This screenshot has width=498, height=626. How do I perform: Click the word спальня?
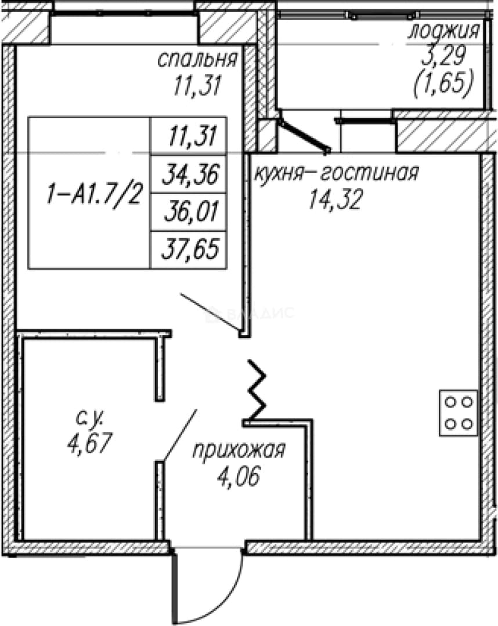(197, 60)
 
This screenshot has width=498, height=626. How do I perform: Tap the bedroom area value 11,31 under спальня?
(197, 85)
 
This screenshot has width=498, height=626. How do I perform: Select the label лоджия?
(443, 31)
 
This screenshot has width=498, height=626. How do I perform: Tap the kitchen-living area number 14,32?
(335, 199)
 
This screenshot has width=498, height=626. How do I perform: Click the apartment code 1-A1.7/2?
(94, 195)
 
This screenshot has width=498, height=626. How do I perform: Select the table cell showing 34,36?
(191, 174)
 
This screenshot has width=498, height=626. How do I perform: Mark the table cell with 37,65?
(190, 248)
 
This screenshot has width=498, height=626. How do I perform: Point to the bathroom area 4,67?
(89, 443)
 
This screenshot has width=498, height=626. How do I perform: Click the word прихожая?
(239, 451)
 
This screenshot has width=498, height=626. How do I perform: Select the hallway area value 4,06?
(239, 476)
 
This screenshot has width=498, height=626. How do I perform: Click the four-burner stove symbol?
(459, 413)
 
